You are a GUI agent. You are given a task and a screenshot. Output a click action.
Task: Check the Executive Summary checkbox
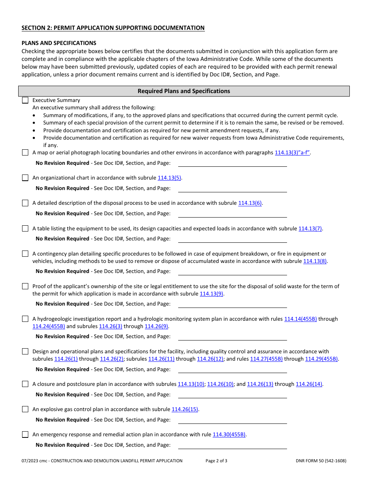coord(25,100)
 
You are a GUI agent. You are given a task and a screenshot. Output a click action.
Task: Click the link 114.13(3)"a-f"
coord(292,153)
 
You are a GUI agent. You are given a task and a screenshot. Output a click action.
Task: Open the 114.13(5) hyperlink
coord(169,178)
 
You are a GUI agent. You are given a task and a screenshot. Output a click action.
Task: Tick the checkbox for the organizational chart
coord(25,178)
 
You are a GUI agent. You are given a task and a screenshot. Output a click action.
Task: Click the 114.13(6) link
coord(250,203)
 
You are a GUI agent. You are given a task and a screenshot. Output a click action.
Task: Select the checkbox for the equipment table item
coord(25,229)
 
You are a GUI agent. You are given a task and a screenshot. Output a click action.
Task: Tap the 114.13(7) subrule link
coord(310,229)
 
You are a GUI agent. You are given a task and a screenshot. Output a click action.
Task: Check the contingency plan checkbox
coord(25,254)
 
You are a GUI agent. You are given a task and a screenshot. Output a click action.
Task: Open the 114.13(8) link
coord(315,261)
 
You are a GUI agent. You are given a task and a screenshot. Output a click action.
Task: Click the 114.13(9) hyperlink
coord(212,294)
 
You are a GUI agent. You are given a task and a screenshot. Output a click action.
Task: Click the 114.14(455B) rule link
coord(300,319)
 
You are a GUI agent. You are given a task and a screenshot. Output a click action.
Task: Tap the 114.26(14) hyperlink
coord(309,384)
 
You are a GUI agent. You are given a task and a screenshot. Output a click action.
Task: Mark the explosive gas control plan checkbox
coord(25,409)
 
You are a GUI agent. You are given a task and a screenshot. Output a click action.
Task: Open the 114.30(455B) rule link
coord(229,435)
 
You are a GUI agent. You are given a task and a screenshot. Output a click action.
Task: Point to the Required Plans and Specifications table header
coord(184,91)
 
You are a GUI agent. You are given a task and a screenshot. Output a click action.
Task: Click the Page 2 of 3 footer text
coord(216,461)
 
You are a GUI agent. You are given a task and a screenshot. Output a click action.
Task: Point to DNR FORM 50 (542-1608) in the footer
coord(321,461)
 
